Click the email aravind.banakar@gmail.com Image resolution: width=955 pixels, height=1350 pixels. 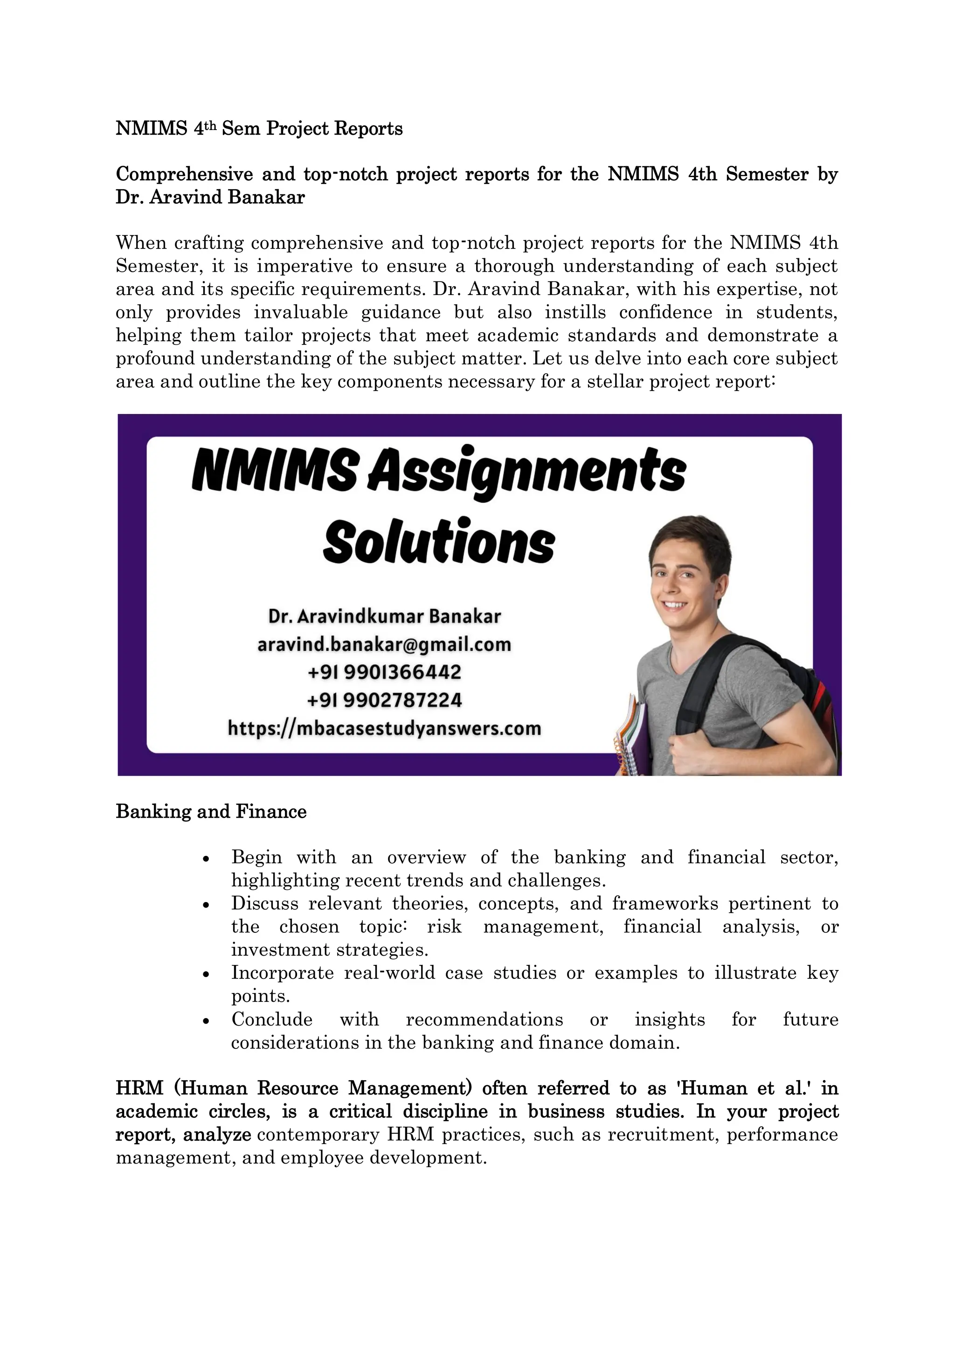[x=384, y=644]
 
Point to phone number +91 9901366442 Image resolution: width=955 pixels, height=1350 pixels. [x=384, y=672]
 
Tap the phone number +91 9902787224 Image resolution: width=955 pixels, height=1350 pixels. [x=384, y=700]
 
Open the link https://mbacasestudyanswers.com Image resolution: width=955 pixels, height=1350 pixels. [x=384, y=729]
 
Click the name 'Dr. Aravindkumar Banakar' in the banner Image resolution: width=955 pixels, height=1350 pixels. [x=384, y=616]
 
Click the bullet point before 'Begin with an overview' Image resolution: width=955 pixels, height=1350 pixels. [x=205, y=859]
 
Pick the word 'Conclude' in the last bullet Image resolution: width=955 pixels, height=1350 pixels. [x=272, y=1019]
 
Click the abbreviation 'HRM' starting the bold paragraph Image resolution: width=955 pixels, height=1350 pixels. [x=139, y=1088]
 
